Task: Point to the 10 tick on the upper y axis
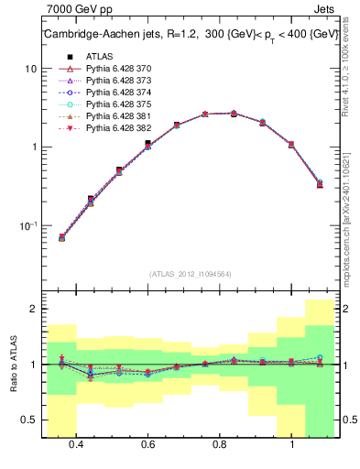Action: pyautogui.click(x=30, y=69)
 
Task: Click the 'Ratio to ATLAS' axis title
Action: pyautogui.click(x=11, y=365)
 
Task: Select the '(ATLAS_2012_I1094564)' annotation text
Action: pyautogui.click(x=190, y=274)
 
